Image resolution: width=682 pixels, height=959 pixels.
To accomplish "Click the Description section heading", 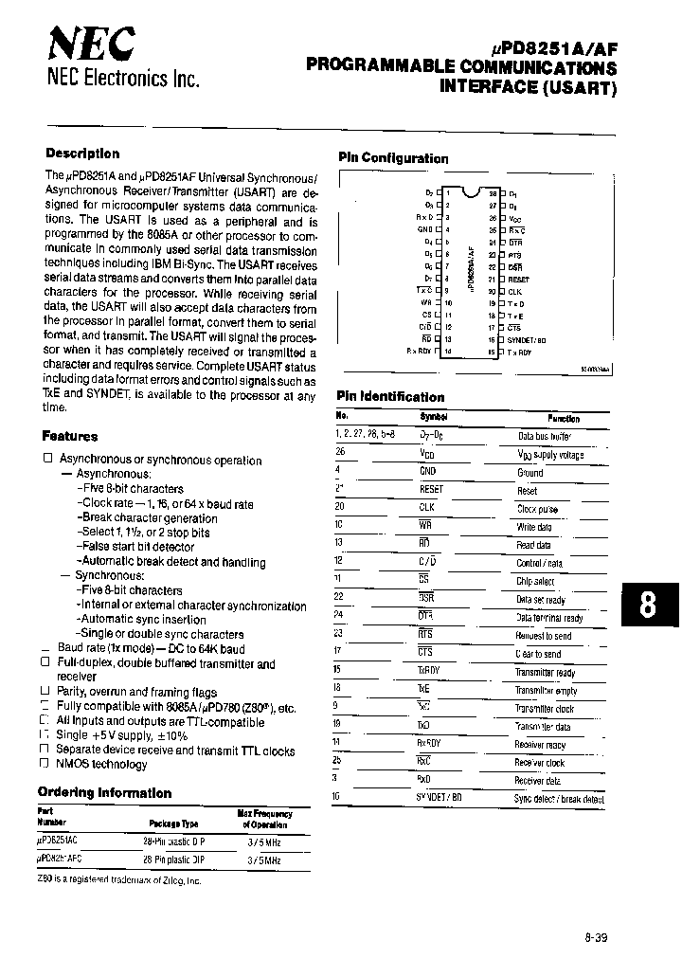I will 82,154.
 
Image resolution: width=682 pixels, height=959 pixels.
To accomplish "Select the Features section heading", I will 69,436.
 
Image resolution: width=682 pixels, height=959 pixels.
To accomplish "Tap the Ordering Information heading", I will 104,792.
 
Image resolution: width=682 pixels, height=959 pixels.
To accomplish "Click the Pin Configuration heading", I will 393,158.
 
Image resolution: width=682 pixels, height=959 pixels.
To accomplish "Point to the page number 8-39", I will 596,937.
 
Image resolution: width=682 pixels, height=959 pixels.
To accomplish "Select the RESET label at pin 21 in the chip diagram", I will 518,280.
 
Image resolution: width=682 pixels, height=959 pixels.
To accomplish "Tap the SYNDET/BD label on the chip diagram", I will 527,339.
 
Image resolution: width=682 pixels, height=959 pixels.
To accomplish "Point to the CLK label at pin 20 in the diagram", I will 514,292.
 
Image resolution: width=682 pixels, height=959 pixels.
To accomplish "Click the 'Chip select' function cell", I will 535,581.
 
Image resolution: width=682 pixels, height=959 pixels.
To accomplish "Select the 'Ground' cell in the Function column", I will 529,473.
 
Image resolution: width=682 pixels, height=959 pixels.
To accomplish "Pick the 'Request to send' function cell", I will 543,636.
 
